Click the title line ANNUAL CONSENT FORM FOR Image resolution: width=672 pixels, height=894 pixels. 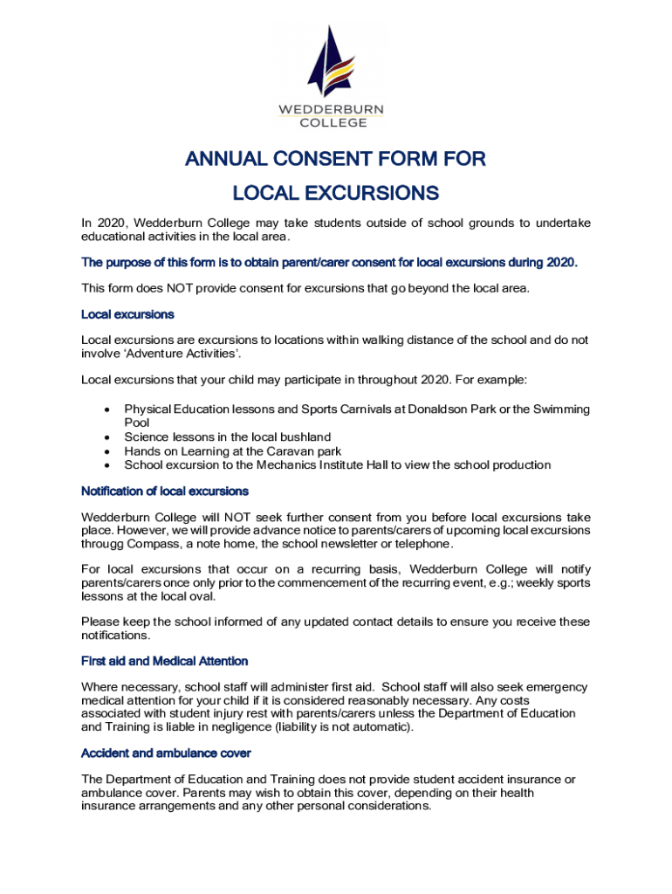pyautogui.click(x=335, y=159)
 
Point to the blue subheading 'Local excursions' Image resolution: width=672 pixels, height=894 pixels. pyautogui.click(x=127, y=313)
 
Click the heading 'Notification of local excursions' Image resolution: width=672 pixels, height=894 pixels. pyautogui.click(x=165, y=491)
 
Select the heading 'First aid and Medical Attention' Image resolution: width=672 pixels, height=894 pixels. pyautogui.click(x=164, y=661)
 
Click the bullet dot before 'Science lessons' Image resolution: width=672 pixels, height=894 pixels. pyautogui.click(x=106, y=437)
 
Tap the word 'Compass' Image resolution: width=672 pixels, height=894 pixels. pyautogui.click(x=157, y=544)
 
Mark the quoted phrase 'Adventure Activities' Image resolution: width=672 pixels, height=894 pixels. pyautogui.click(x=182, y=353)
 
